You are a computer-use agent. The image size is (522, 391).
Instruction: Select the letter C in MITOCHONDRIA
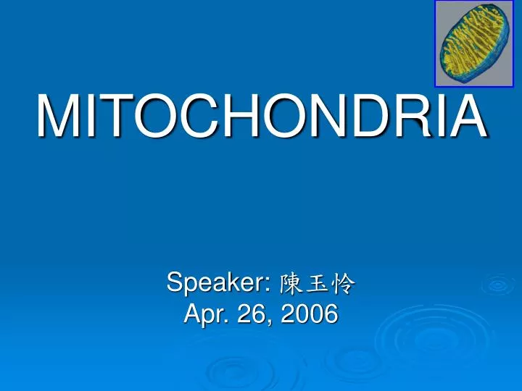point(191,117)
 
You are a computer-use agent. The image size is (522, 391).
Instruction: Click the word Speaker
point(217,283)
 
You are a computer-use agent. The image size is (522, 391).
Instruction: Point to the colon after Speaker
point(270,285)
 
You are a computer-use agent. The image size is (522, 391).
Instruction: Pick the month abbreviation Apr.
point(204,315)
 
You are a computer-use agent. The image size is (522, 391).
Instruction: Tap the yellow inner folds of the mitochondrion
point(471,43)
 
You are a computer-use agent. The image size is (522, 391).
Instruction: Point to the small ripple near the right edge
point(498,285)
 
